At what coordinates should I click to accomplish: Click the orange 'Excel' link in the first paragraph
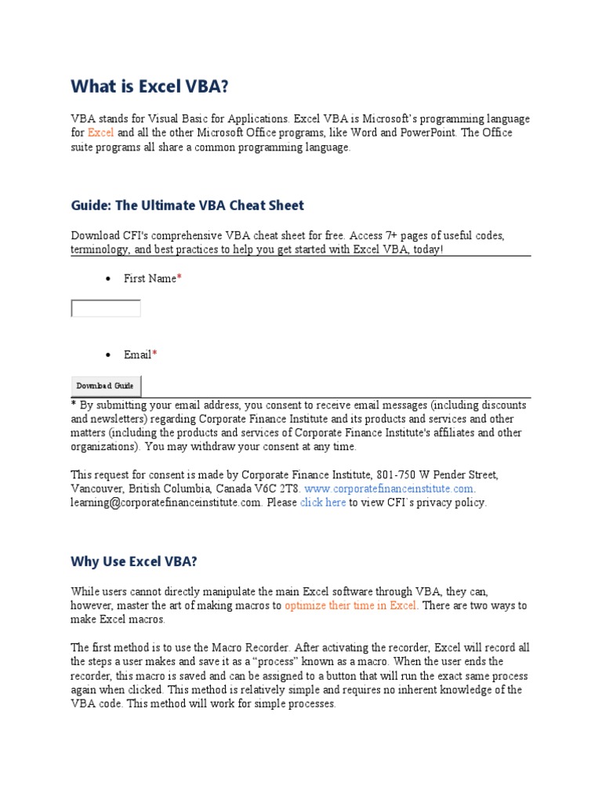pos(101,133)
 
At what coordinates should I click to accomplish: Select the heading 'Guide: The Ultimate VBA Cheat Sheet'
pos(187,205)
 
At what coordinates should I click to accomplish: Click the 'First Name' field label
pos(150,278)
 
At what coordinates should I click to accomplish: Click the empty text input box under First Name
pos(106,308)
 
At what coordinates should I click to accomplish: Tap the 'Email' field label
pos(137,354)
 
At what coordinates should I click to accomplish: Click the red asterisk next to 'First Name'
pos(180,278)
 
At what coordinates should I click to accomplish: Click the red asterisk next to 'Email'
pos(154,354)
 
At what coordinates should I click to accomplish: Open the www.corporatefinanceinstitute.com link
pos(389,489)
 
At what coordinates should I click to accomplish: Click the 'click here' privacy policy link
pos(323,503)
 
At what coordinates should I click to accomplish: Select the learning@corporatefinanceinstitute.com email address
pos(166,503)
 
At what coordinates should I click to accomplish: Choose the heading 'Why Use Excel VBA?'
pos(134,561)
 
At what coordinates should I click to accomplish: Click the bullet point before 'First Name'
pos(107,279)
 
